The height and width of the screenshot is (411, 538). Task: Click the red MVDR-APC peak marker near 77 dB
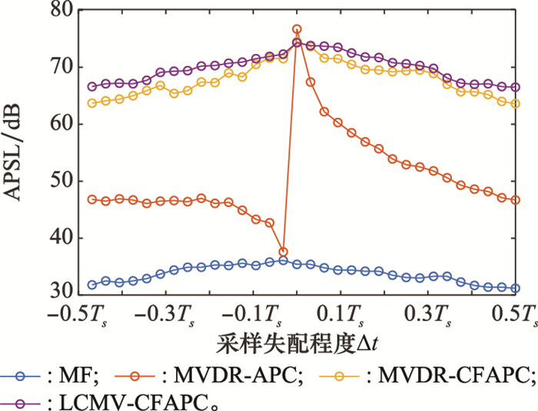pos(297,29)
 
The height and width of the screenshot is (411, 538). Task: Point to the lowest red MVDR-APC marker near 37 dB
pos(283,252)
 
